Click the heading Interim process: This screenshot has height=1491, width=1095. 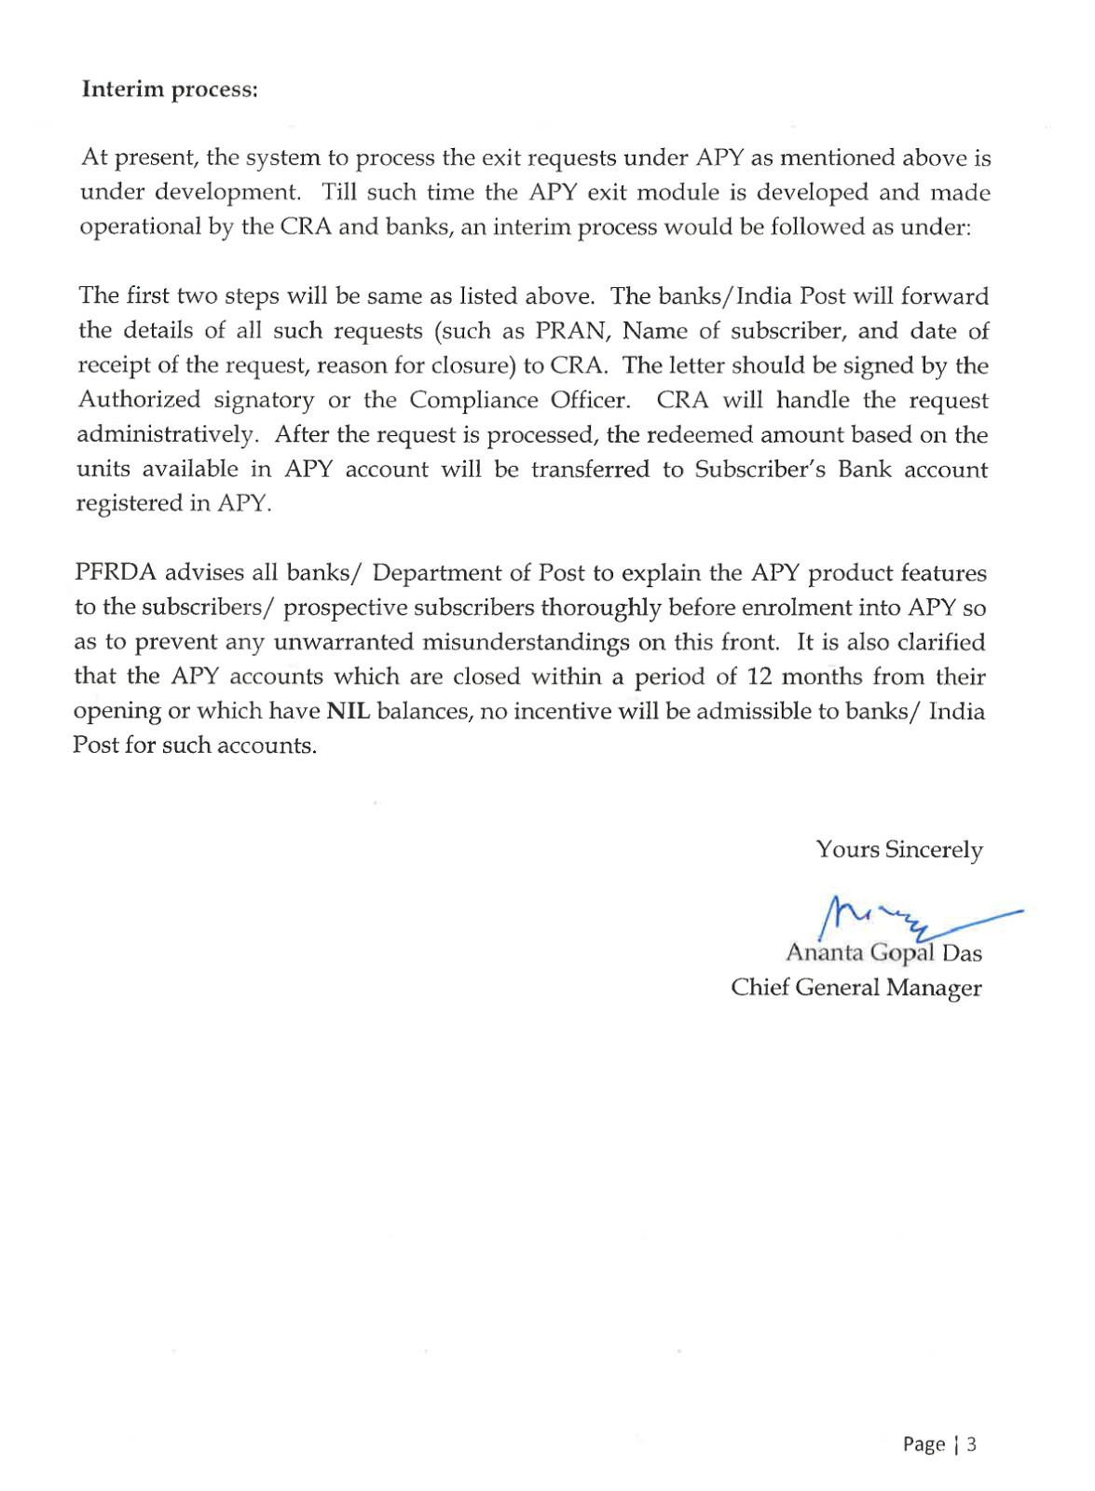169,89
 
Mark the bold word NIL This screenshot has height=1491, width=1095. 349,711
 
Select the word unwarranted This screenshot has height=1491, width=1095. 344,642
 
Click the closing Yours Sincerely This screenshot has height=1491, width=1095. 898,850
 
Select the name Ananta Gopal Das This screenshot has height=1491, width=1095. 883,953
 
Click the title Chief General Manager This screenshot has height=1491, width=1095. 855,988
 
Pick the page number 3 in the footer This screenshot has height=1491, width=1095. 972,1444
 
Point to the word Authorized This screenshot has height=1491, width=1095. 139,400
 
